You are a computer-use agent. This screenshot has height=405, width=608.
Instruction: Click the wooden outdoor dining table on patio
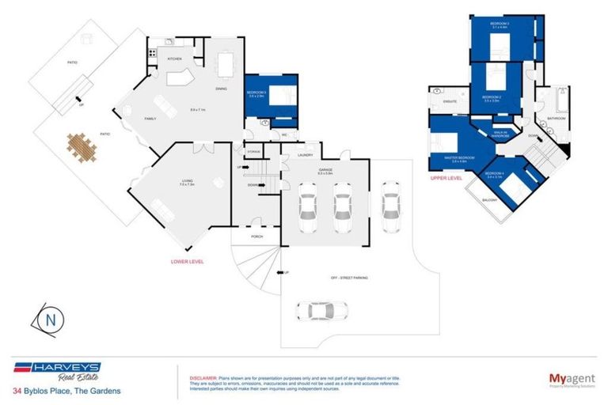tap(81, 146)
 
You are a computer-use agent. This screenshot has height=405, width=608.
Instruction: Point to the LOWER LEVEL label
tap(188, 260)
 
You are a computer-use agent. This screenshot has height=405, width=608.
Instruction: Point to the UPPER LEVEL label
tap(446, 179)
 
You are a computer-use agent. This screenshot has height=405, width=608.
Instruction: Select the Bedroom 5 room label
tap(256, 92)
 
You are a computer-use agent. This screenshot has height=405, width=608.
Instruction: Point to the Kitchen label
tap(174, 59)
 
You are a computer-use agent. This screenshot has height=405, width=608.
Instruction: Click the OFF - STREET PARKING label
tap(348, 278)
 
